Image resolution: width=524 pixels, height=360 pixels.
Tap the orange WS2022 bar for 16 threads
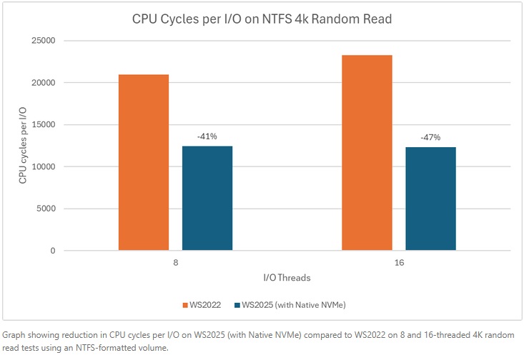click(367, 153)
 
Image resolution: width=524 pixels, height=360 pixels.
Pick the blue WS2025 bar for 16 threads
click(430, 199)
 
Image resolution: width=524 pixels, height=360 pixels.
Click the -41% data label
click(207, 135)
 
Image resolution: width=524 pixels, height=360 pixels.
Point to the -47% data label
click(430, 136)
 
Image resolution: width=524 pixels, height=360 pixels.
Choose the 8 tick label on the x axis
click(175, 263)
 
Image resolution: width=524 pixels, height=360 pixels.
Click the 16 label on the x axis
click(399, 263)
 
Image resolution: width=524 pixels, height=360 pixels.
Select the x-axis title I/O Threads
click(287, 277)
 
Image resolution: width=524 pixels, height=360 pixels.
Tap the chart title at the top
click(262, 19)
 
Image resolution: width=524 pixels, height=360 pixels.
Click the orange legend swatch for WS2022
click(184, 305)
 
